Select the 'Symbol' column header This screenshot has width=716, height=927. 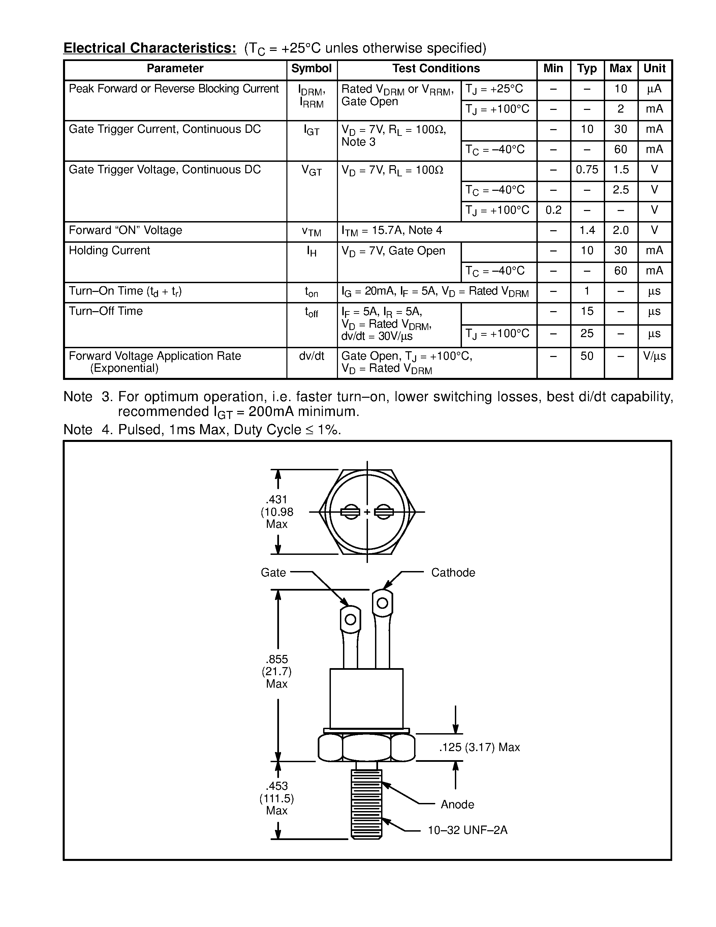point(311,69)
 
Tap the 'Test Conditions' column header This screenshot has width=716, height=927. point(436,69)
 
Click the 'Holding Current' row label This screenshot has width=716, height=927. point(110,250)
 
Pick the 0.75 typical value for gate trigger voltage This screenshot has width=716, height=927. point(587,170)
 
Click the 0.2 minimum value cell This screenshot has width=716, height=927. point(553,210)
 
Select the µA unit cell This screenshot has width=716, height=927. point(654,89)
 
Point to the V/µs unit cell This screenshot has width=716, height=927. point(654,356)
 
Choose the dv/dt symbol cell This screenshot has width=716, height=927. point(311,356)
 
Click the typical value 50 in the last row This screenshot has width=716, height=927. point(587,356)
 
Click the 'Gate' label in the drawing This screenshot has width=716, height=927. point(273,573)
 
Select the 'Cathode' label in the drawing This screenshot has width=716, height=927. point(453,573)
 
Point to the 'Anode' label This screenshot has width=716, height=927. point(457,804)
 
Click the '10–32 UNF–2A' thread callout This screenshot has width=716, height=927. point(467,830)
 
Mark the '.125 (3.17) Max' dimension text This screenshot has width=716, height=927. point(479,747)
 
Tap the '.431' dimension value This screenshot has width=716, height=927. point(277,500)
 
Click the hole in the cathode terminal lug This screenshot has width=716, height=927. point(382,603)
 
